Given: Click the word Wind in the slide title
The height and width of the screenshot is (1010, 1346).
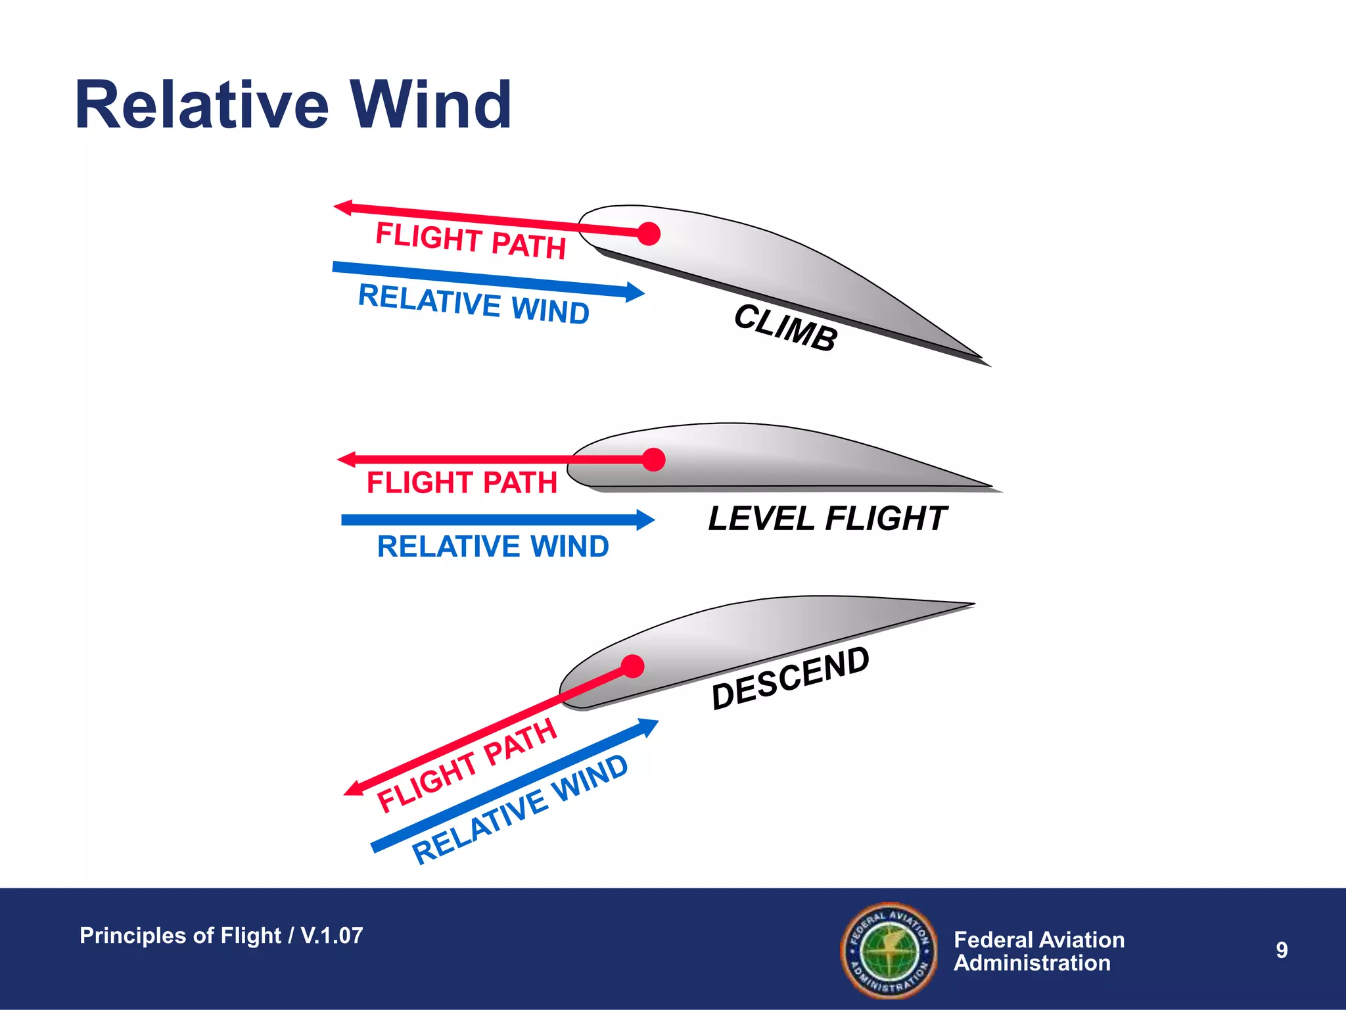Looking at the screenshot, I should click(430, 105).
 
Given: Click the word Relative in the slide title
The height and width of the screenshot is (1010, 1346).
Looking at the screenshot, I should click(201, 105).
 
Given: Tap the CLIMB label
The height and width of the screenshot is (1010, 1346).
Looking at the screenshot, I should click(785, 327).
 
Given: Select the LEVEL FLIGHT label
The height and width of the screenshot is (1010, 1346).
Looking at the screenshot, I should click(827, 519).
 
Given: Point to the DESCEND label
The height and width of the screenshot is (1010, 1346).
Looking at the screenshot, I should click(791, 678).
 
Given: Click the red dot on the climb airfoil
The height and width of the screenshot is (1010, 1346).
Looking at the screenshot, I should click(649, 233).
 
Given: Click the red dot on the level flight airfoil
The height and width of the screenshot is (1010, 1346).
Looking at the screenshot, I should click(653, 460).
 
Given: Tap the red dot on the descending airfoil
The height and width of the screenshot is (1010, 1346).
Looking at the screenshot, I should click(632, 667).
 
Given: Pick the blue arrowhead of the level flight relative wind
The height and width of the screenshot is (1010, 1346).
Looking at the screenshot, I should click(645, 520).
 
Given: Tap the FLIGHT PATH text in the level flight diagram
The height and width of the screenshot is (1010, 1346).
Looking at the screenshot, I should click(461, 483).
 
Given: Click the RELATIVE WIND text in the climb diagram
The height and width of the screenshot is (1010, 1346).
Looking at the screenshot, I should click(473, 304).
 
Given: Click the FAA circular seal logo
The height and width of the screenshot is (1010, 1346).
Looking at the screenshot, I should click(889, 950).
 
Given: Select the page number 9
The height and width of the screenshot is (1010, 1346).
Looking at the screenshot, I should click(1282, 950).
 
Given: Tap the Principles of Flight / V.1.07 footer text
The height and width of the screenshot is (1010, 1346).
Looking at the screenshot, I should click(221, 935).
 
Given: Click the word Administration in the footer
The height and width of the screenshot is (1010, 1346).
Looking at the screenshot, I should click(1032, 963).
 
